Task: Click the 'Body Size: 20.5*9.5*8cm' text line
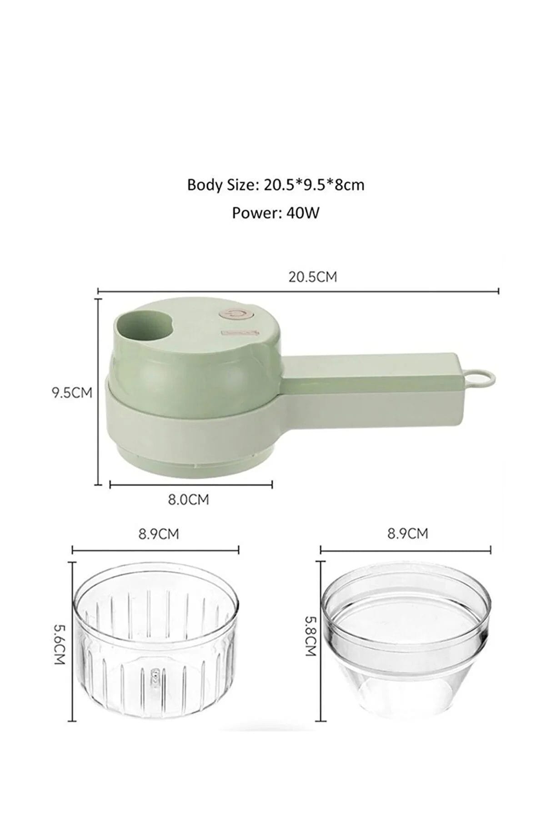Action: click(x=276, y=185)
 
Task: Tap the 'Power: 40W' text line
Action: click(x=276, y=213)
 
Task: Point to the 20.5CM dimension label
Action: click(x=313, y=277)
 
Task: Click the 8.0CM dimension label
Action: click(x=188, y=501)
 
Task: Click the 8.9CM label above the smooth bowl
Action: click(x=407, y=533)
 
